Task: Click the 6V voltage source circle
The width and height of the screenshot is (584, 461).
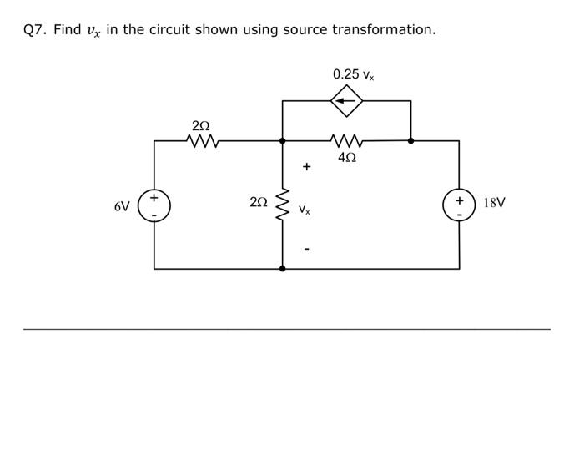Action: pos(154,205)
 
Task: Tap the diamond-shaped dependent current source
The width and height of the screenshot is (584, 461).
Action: pos(346,101)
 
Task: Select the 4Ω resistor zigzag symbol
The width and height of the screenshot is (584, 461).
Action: pos(346,140)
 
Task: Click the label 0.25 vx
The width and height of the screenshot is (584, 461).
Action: pos(353,74)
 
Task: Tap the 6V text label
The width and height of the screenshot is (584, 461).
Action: pos(123,206)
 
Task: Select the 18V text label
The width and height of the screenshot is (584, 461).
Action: pos(494,203)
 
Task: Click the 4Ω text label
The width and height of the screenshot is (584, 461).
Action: pos(347,157)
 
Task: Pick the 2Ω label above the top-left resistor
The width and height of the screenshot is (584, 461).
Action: pos(201,125)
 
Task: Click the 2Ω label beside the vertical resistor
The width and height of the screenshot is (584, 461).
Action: pos(259,202)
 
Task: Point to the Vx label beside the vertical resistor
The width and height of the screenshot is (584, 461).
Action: pos(305,210)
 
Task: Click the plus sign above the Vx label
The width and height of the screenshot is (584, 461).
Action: pos(306,167)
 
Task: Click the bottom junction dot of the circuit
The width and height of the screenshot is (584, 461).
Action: pos(283,269)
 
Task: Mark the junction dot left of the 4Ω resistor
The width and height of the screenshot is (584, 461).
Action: pos(283,140)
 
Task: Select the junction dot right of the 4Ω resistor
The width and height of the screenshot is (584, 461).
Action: pos(410,140)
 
